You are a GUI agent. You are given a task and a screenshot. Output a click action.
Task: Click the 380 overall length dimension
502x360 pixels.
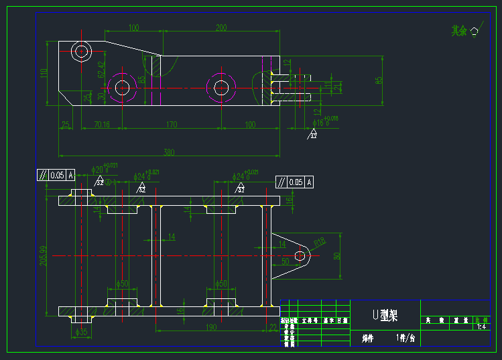pos(168,152)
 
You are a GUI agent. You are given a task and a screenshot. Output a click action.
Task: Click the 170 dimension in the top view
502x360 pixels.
pos(172,124)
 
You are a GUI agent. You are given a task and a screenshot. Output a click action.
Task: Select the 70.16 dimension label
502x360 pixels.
pos(102,124)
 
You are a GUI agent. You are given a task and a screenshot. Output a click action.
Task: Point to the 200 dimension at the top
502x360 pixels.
pos(221,27)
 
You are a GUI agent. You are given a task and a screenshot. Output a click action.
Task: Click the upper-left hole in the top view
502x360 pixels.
pos(82,51)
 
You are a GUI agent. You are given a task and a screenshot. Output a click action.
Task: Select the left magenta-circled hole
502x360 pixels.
pos(121,87)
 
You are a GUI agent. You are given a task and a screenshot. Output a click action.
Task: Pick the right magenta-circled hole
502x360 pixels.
pos(221,87)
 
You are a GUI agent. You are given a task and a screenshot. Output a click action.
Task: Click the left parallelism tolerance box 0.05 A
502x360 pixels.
pos(56,176)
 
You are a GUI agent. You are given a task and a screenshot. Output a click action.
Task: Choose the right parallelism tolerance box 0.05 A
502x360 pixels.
pos(295,182)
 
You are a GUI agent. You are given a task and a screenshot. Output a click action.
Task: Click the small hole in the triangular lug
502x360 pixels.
pos(302,255)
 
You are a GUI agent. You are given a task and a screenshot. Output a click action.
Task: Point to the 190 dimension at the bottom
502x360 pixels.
pos(211,327)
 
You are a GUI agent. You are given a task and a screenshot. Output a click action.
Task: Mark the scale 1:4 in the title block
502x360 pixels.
pos(481,327)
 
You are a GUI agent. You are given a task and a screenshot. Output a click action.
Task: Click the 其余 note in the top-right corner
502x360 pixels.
pos(458,30)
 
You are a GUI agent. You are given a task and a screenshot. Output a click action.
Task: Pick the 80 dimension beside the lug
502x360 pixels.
pos(337,255)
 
